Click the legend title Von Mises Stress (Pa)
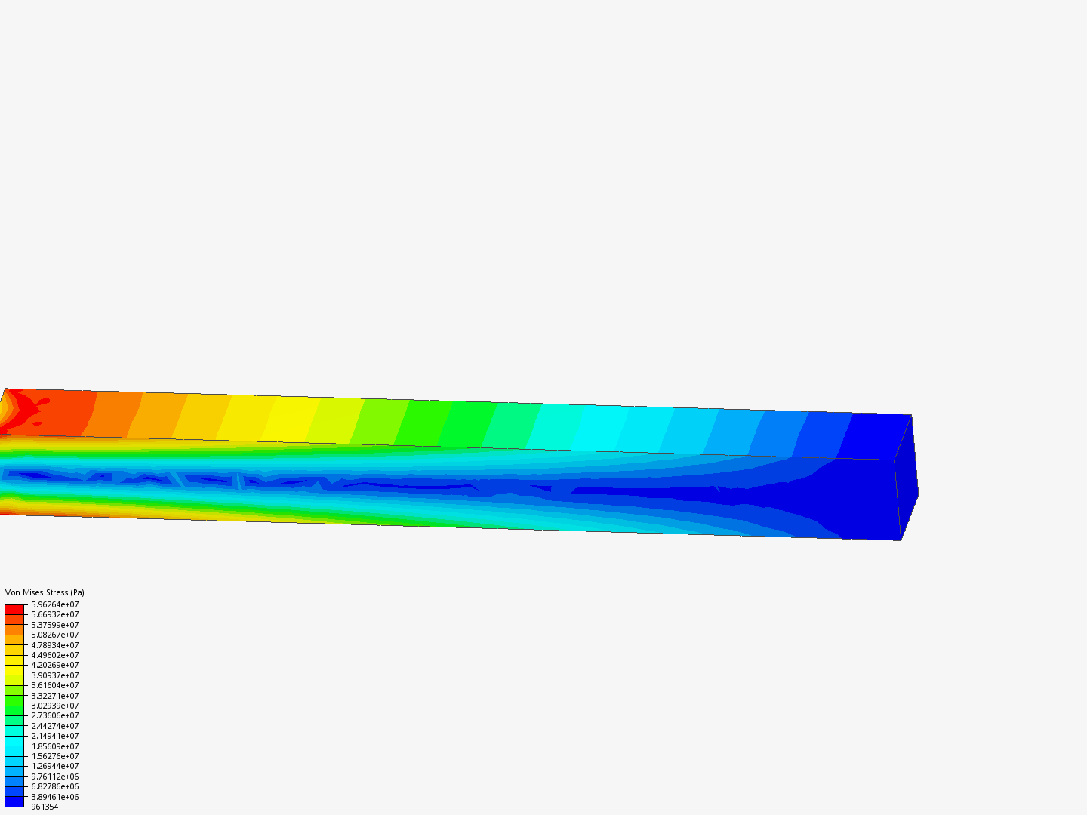point(45,592)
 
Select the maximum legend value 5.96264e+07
point(55,604)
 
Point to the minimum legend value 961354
point(45,807)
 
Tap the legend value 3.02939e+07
point(55,706)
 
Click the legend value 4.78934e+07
point(55,645)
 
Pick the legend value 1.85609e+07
point(55,746)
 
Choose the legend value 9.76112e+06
point(55,777)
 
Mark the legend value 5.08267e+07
point(55,635)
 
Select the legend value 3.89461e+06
point(55,797)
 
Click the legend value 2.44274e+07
point(55,726)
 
